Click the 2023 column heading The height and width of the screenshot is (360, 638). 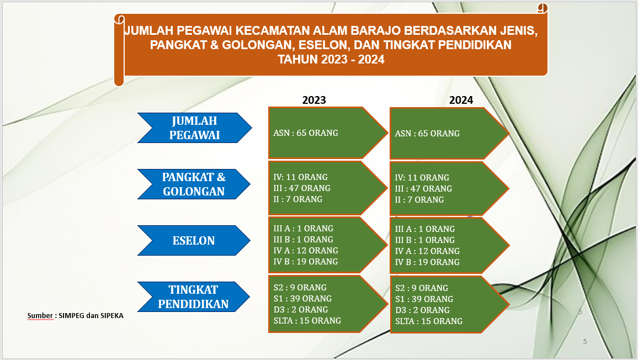tap(314, 100)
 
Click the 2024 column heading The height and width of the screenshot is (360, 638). tap(461, 100)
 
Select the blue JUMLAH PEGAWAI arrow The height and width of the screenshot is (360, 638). tap(194, 128)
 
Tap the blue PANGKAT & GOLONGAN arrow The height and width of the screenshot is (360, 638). tap(194, 184)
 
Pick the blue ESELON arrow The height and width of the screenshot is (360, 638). tap(194, 240)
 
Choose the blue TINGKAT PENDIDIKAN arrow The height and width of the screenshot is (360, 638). tap(194, 297)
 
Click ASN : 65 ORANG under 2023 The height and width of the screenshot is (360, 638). tap(306, 133)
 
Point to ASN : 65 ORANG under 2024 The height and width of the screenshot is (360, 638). tap(427, 133)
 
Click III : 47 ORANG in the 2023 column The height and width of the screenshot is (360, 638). tap(302, 188)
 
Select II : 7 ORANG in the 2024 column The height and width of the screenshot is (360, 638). tap(419, 199)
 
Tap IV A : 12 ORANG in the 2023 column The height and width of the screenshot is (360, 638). tap(306, 251)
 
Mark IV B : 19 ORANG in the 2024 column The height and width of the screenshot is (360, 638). tap(427, 262)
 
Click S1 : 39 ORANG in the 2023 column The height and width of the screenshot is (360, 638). tap(302, 299)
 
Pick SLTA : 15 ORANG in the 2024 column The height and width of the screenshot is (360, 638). tap(429, 321)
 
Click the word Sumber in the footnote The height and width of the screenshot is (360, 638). tap(40, 316)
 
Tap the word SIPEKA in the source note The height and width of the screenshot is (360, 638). tap(112, 316)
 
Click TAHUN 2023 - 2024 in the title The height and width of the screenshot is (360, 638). tap(331, 60)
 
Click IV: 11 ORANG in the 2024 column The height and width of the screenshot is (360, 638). tap(422, 178)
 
